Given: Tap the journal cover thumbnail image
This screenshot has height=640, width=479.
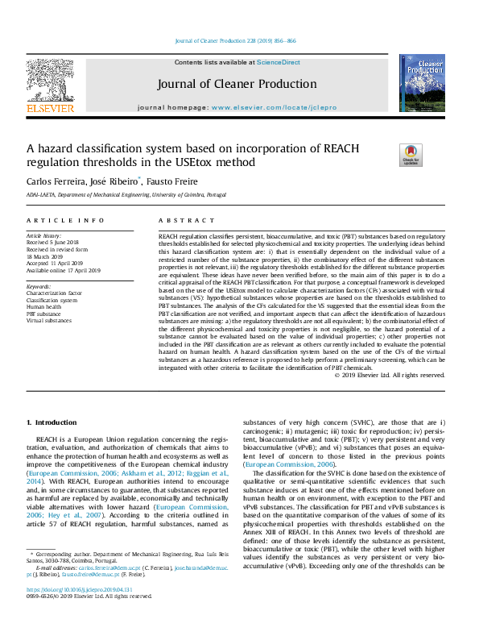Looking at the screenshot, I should click(421, 84).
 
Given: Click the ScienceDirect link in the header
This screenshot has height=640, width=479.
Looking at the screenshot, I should click(279, 62).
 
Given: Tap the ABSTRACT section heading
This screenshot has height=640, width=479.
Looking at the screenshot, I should click(175, 220).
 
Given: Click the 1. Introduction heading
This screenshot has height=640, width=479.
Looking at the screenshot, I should click(52, 422).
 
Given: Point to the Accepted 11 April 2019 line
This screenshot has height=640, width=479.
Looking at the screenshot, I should click(60, 263).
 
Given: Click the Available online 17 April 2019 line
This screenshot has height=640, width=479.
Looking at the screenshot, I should click(64, 270).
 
